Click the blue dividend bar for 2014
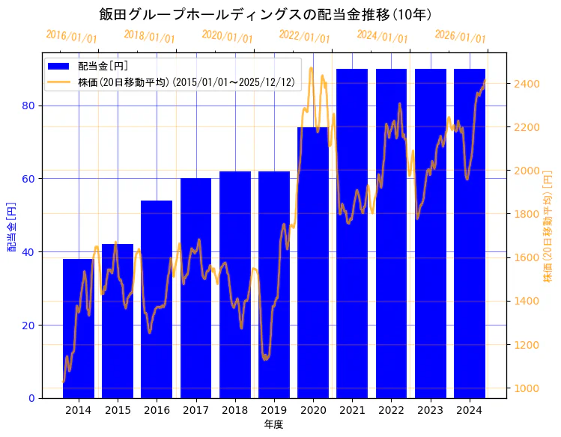[79, 329]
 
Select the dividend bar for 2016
[157, 299]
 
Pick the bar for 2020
[313, 262]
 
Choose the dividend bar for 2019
[274, 284]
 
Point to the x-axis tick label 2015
[118, 410]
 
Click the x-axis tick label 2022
[391, 410]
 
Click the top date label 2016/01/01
[71, 37]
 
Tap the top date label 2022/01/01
[304, 37]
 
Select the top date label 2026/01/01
[460, 37]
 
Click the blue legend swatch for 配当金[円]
[60, 66]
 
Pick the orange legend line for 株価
[60, 82]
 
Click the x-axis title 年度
[273, 425]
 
